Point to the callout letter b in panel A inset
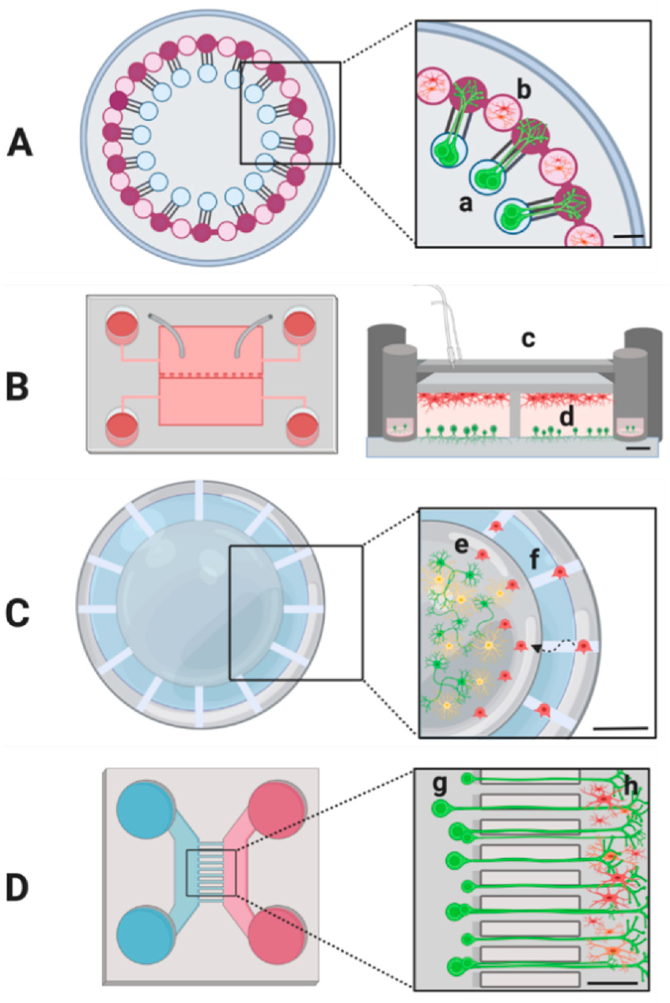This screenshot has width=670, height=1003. (x=524, y=91)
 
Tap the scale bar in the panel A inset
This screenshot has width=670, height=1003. (x=629, y=235)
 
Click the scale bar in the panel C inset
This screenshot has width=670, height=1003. (x=621, y=727)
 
